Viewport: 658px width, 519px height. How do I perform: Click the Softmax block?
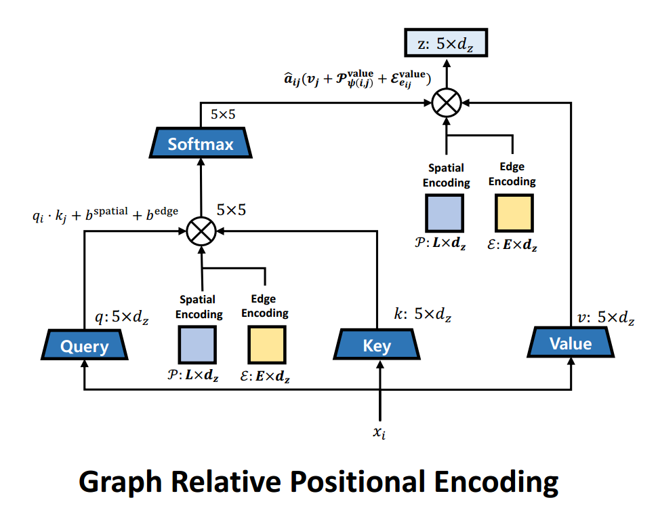tap(201, 144)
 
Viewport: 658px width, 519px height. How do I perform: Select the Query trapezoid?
tap(84, 346)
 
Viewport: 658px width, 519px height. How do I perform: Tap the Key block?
tap(377, 346)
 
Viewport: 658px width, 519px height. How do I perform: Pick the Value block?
tap(571, 343)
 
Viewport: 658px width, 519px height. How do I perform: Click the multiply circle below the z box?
tap(446, 103)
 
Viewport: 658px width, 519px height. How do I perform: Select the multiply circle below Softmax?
tap(201, 231)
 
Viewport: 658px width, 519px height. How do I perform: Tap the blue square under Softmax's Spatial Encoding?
tap(197, 345)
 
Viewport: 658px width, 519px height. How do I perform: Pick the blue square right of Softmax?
tap(445, 213)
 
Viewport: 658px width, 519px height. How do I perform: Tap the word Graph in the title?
tap(120, 482)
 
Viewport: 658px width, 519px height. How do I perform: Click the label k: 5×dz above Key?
tap(422, 314)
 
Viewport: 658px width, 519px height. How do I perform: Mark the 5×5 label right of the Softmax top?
tap(223, 115)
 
